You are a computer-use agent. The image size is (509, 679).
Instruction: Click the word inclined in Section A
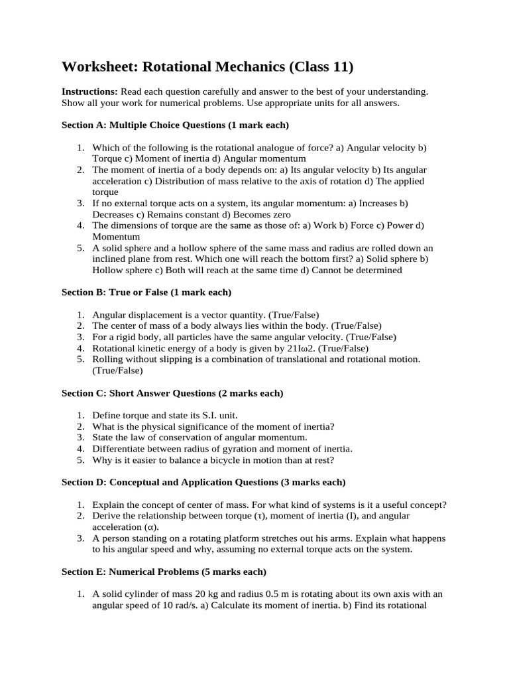point(109,259)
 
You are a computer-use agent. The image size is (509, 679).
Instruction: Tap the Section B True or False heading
point(146,292)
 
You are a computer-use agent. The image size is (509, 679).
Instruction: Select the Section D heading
point(203,482)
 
